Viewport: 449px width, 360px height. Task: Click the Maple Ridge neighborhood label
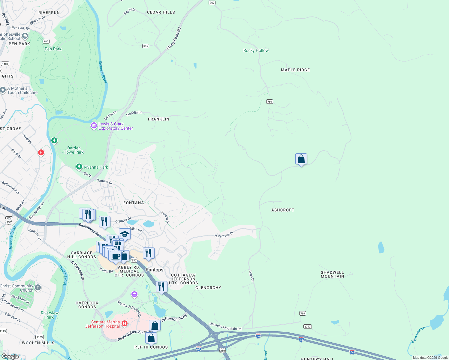coord(295,70)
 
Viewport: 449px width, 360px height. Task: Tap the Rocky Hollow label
coord(256,50)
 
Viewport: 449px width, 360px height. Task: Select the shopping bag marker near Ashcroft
coord(301,159)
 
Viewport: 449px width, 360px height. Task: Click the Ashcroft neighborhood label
coord(282,210)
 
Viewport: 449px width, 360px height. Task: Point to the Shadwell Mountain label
coord(332,274)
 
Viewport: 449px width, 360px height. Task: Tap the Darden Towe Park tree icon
coord(54,140)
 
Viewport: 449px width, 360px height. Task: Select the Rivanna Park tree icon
coord(79,167)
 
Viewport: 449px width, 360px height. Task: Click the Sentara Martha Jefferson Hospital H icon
coord(125,324)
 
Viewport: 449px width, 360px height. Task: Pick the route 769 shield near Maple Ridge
coord(270,102)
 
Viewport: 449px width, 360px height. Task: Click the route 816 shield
coord(146,46)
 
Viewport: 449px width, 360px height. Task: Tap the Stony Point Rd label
coord(174,38)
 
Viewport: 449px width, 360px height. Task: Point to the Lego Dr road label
coord(252,276)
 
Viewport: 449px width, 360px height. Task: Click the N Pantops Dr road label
coord(224,235)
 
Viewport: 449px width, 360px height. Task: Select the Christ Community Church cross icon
coord(38,288)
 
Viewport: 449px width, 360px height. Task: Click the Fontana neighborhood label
coord(134,203)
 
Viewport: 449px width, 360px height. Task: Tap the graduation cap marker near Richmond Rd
coord(125,234)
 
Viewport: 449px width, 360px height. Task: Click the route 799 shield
coord(303,313)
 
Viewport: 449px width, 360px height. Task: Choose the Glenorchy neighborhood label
coord(208,288)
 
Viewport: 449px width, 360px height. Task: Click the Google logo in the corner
coord(10,356)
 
